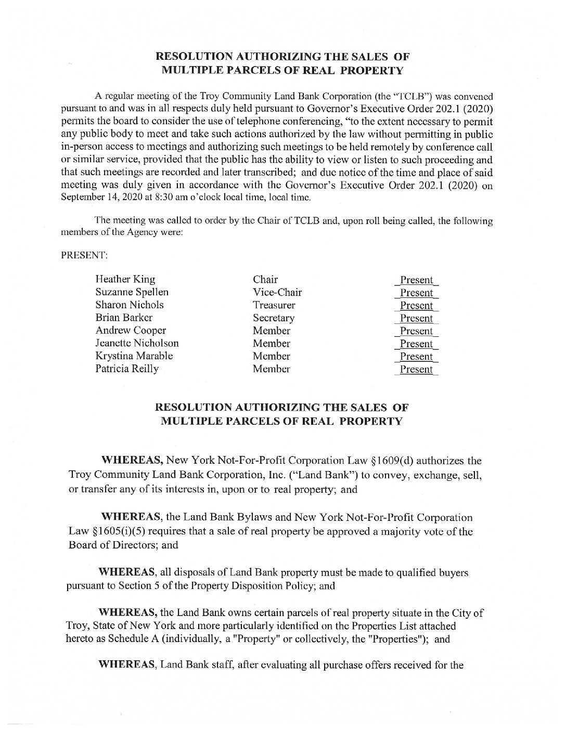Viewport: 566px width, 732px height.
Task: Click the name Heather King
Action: [x=125, y=280]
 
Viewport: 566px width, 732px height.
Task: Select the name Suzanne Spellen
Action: [x=132, y=292]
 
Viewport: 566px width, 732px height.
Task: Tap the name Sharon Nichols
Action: [x=130, y=305]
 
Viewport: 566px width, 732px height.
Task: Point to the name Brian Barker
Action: [x=124, y=318]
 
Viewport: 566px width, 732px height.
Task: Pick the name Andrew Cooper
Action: [x=131, y=331]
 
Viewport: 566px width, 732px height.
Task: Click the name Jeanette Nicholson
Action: [x=137, y=343]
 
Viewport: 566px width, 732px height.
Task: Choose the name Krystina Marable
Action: [x=134, y=356]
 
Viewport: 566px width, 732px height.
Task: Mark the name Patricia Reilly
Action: [x=127, y=369]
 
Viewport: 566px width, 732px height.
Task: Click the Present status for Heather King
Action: [x=417, y=280]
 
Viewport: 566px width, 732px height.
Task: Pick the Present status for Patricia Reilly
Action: [x=417, y=370]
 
